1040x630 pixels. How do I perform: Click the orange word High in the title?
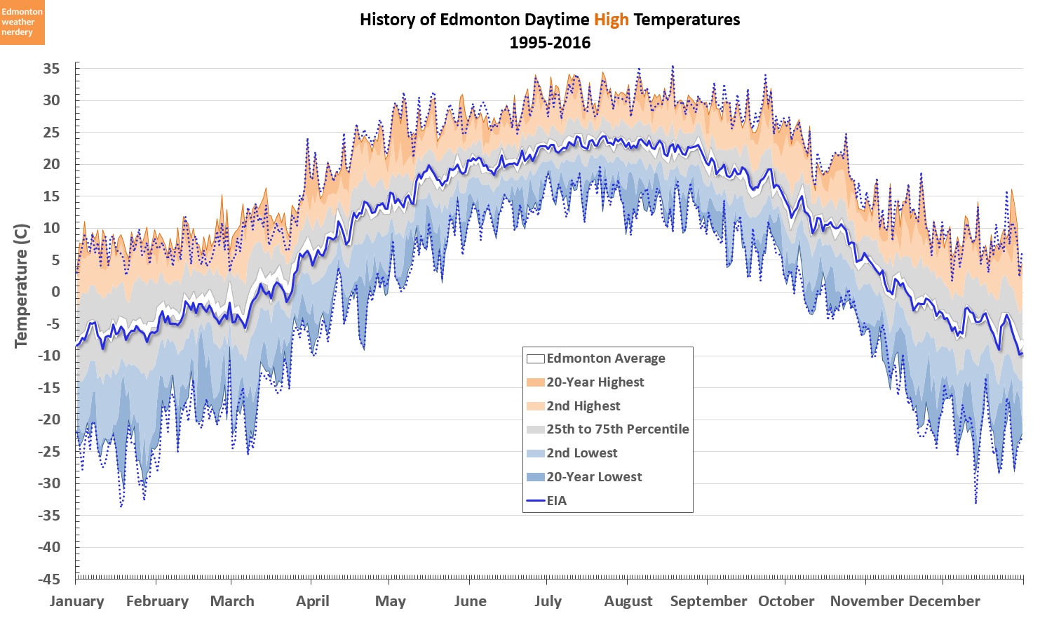611,20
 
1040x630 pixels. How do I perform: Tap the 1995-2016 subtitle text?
550,43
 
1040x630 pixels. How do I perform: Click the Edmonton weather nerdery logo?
22,22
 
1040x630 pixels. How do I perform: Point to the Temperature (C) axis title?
21,286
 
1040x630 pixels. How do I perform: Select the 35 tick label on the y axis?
51,69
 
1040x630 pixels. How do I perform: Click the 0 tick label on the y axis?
56,292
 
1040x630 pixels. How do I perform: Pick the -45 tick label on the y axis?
48,579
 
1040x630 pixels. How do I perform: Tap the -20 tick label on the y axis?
48,420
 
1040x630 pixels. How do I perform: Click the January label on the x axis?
76,601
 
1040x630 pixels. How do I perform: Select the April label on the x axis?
312,601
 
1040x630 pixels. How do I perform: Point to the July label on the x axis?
548,601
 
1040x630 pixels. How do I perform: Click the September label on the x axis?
708,601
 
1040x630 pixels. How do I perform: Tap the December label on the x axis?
944,601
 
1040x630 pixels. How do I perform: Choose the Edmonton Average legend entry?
605,358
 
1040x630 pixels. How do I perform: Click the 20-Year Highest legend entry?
595,382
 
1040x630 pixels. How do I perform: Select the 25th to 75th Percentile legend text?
617,429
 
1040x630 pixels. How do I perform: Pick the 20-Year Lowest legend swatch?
535,477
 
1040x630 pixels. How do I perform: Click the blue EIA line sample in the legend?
535,501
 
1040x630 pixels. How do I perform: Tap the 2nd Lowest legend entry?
581,453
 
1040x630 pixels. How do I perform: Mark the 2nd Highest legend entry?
583,406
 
